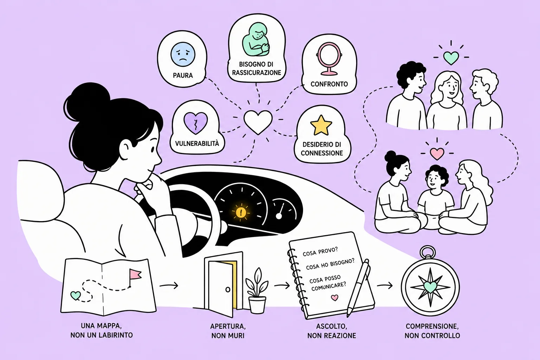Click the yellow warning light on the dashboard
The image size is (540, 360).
point(240,212)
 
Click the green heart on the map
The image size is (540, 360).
point(76,295)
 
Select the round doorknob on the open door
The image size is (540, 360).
point(227,290)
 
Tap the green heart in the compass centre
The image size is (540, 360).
point(430,287)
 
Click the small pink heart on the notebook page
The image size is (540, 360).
point(334,297)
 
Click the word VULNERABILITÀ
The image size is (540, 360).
point(197,144)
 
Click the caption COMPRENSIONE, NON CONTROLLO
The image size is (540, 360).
point(432,331)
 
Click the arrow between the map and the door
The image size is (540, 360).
point(169,286)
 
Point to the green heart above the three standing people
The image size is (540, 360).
point(451,58)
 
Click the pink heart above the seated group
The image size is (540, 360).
point(437,154)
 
